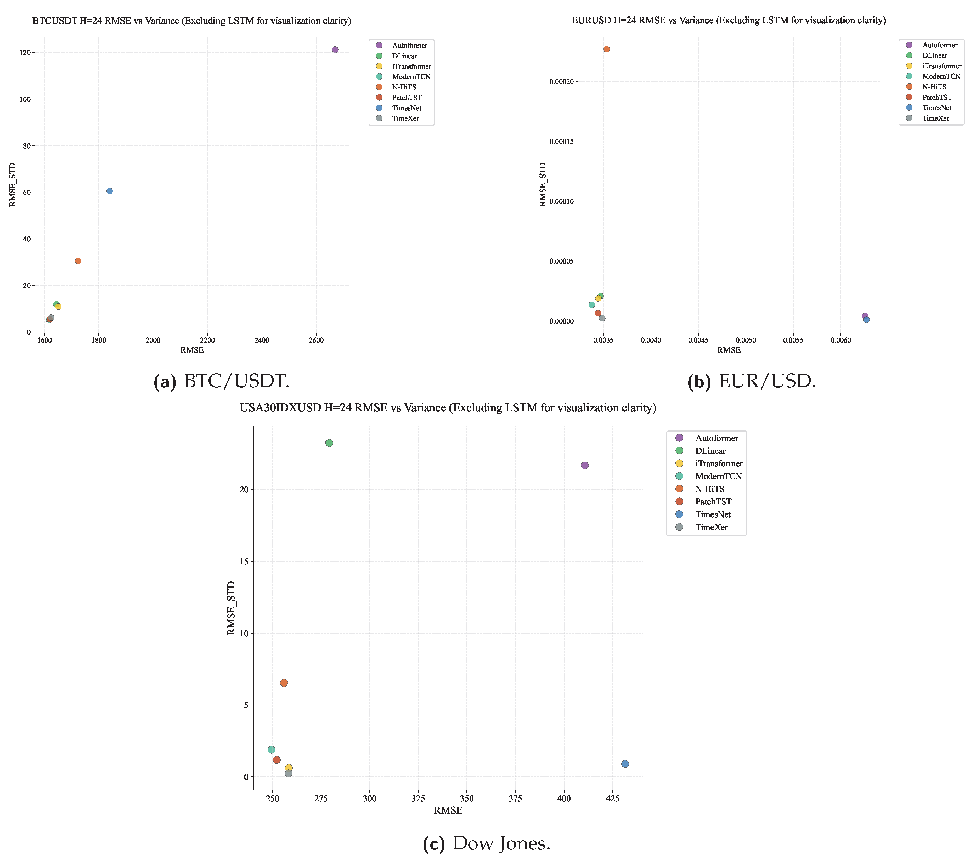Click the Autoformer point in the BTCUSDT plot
point(335,50)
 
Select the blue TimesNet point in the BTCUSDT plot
point(109,191)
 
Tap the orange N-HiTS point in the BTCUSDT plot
point(78,261)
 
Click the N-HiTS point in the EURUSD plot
point(606,49)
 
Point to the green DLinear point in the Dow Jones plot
point(329,443)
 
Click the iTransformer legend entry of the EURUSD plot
point(941,66)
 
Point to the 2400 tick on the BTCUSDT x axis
point(262,341)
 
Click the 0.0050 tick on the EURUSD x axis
point(745,341)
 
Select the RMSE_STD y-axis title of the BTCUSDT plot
point(13,185)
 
